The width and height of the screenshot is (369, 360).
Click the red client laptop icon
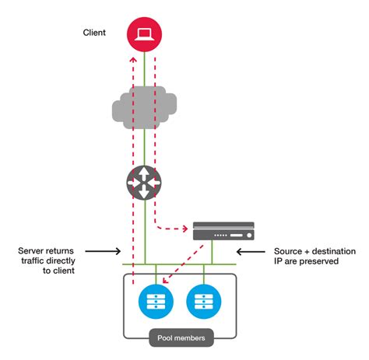point(144,33)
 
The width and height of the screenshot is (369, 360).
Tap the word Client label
point(94,33)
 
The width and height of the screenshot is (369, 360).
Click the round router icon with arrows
point(145,183)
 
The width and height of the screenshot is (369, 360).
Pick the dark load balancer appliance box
point(223,230)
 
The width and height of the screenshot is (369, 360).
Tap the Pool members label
point(181,339)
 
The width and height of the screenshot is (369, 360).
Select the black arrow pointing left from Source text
point(252,251)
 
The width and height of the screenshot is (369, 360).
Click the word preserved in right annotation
point(320,262)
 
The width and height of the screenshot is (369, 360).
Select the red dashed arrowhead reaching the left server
point(166,285)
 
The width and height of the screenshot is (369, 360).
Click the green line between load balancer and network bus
point(211,253)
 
